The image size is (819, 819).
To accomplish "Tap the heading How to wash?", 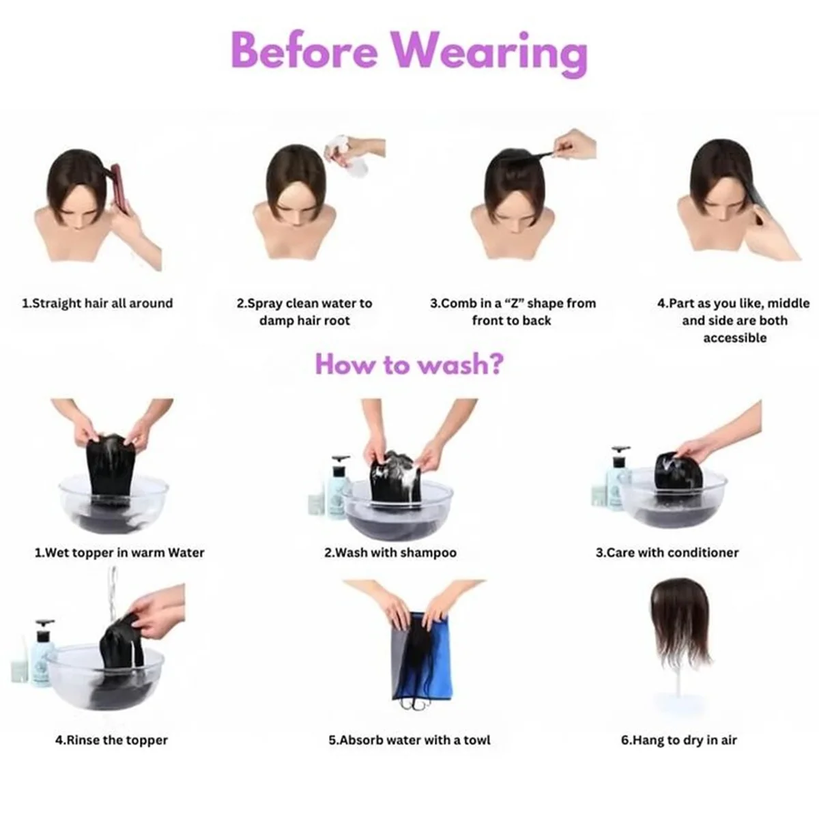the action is (409, 364).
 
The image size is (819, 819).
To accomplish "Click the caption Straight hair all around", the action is (98, 303).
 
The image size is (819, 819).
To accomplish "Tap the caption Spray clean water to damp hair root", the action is (304, 311).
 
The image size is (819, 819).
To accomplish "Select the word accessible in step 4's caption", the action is (734, 338).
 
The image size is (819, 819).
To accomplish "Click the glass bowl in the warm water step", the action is (113, 504).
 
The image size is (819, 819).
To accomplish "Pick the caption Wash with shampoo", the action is (390, 553).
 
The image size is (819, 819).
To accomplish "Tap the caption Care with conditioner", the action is (667, 553).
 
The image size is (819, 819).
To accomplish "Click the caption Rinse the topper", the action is (111, 740).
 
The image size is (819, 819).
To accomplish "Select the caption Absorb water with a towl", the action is (409, 740).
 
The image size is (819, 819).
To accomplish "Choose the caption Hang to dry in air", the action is (678, 740).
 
